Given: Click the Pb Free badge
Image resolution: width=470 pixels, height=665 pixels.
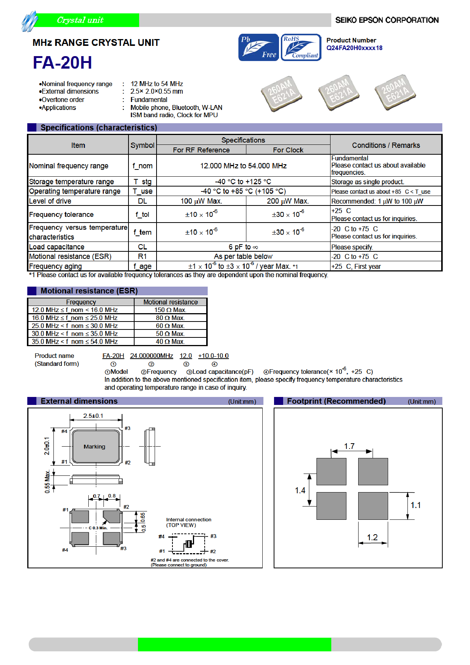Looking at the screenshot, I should (x=258, y=47).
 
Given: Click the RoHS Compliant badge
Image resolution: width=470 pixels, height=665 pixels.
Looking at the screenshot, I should (x=301, y=47).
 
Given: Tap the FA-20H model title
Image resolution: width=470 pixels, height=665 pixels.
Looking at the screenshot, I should (x=62, y=63).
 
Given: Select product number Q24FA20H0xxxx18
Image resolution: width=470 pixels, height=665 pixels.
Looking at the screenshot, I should (x=354, y=48).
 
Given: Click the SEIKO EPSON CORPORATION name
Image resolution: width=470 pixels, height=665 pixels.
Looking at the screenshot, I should (x=387, y=20).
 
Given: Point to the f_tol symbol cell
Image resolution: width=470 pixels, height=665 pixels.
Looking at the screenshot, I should (x=142, y=215).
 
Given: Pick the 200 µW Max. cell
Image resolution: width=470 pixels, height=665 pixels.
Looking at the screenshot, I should (x=288, y=201).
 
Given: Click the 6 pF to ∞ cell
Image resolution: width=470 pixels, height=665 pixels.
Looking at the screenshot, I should (x=243, y=247).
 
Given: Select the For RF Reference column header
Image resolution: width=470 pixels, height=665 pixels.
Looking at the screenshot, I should (x=201, y=150).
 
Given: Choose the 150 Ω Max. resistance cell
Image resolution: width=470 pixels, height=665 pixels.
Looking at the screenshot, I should (x=170, y=310).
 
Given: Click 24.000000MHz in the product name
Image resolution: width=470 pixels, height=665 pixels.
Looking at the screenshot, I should (x=151, y=356).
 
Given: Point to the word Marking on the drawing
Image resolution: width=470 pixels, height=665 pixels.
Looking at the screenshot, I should (x=94, y=447).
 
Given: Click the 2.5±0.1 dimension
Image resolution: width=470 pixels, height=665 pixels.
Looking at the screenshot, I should (x=93, y=416).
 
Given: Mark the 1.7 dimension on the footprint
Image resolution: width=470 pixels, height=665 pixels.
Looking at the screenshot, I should (x=349, y=446).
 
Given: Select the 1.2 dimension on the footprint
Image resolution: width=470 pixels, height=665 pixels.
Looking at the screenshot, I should (x=372, y=537).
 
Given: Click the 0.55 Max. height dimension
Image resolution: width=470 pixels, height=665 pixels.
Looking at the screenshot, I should (x=47, y=481).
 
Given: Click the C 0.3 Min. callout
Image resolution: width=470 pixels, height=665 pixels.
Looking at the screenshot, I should (x=98, y=528).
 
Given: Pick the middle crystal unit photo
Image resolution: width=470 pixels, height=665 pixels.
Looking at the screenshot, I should (x=338, y=93).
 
